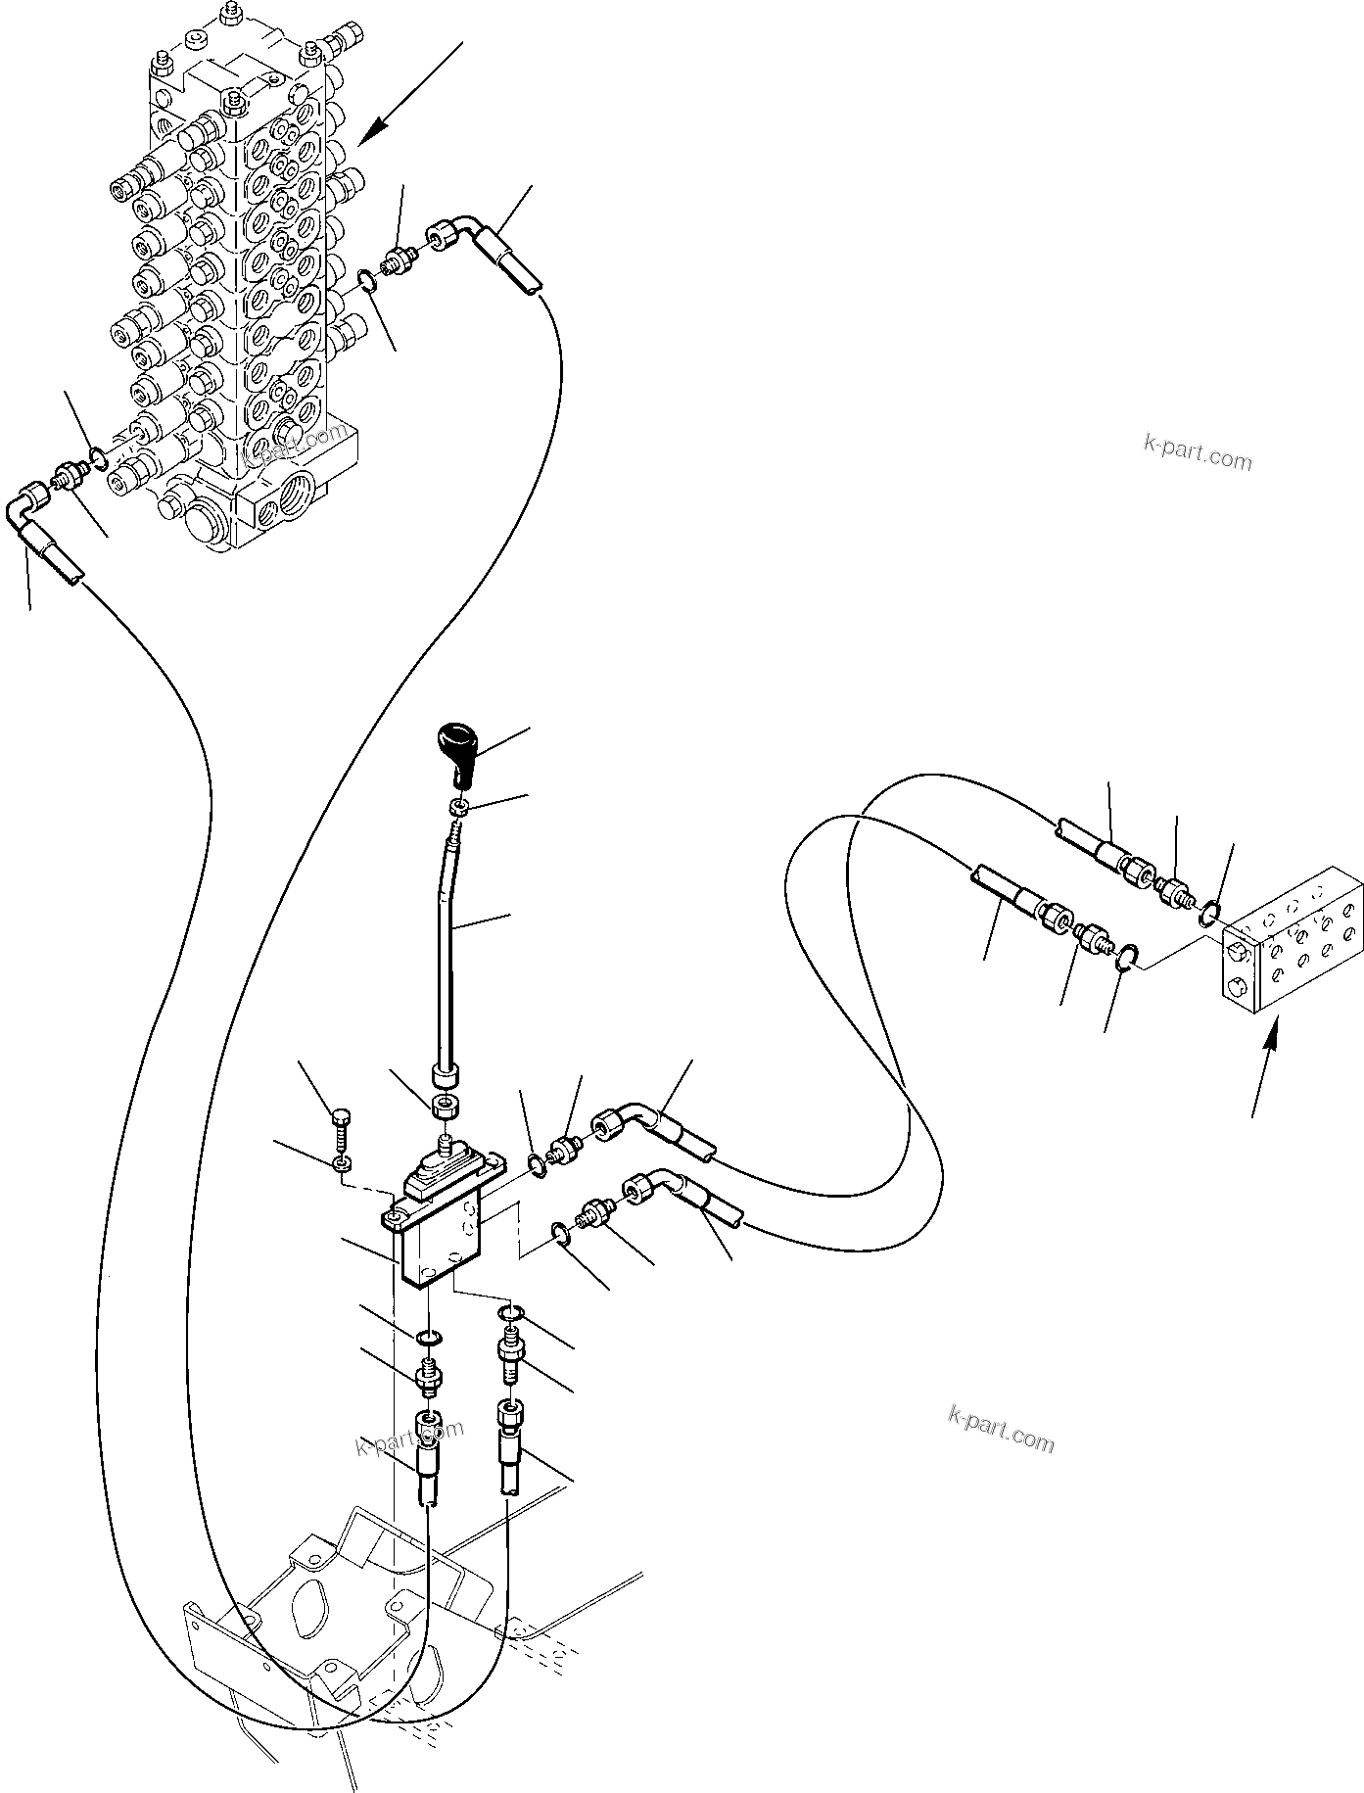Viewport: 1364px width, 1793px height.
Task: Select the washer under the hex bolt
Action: (341, 1163)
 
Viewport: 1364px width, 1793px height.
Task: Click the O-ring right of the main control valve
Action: (365, 282)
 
